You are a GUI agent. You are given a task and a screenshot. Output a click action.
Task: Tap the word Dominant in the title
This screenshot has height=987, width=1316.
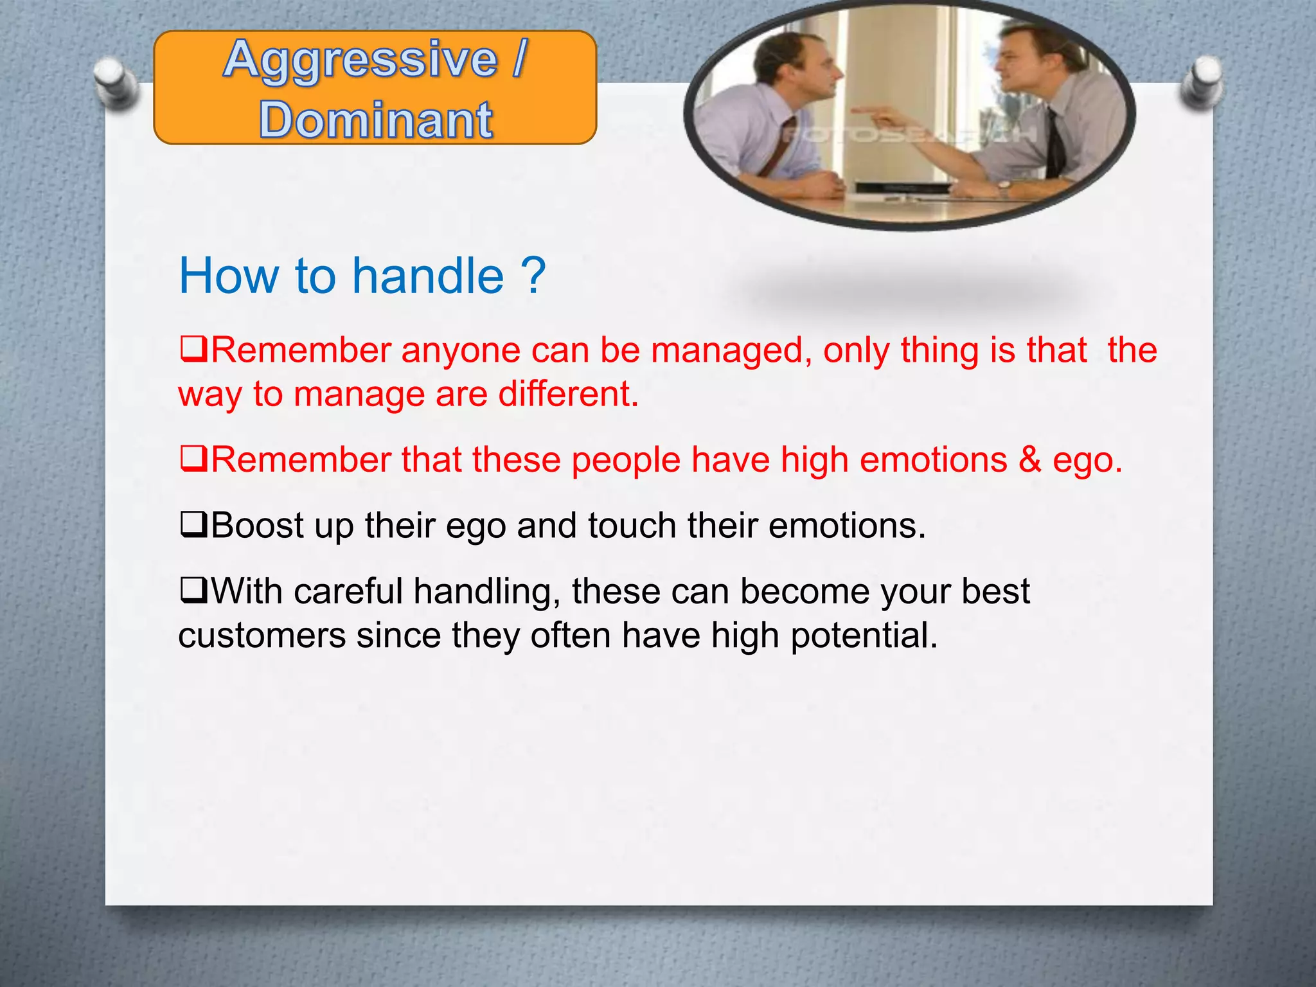click(x=376, y=120)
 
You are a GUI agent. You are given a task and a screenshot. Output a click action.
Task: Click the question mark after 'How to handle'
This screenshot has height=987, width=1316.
click(x=533, y=276)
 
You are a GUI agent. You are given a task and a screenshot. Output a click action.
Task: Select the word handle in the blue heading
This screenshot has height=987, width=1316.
click(x=428, y=276)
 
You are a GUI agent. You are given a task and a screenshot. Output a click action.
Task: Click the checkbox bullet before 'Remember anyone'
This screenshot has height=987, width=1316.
click(x=193, y=350)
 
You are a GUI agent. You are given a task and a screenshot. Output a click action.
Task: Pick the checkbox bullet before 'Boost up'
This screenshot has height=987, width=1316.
click(x=193, y=525)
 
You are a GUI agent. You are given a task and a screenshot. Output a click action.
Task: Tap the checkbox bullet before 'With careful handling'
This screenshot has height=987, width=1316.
click(x=193, y=591)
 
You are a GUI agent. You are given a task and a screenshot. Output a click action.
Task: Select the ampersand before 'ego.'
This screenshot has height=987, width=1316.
click(x=1029, y=460)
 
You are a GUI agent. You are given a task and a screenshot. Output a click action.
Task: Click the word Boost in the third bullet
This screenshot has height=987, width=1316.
click(x=257, y=526)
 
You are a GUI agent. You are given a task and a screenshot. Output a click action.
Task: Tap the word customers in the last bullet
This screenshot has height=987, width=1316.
click(x=262, y=636)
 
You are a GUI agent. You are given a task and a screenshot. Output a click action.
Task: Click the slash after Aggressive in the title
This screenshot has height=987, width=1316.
click(x=519, y=60)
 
